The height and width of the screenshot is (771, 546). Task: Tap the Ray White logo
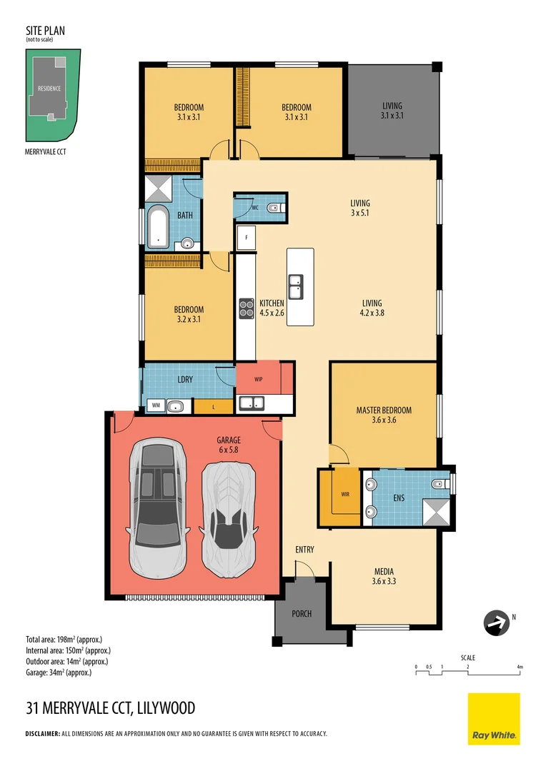pyautogui.click(x=494, y=718)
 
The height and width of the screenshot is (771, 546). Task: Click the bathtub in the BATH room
pyautogui.click(x=157, y=226)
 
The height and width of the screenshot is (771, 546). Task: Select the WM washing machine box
pyautogui.click(x=155, y=406)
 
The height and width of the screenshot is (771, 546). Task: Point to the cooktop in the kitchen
pyautogui.click(x=247, y=308)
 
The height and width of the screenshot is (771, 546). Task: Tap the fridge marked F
pyautogui.click(x=246, y=237)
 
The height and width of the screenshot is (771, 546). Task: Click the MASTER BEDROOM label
pyautogui.click(x=384, y=410)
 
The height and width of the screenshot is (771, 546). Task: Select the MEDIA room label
pyautogui.click(x=384, y=571)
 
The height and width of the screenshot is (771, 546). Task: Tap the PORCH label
pyautogui.click(x=302, y=613)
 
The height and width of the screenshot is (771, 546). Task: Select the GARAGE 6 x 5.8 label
pyautogui.click(x=229, y=444)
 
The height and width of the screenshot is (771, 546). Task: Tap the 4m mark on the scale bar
pyautogui.click(x=520, y=667)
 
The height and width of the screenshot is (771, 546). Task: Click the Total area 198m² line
pyautogui.click(x=68, y=639)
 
